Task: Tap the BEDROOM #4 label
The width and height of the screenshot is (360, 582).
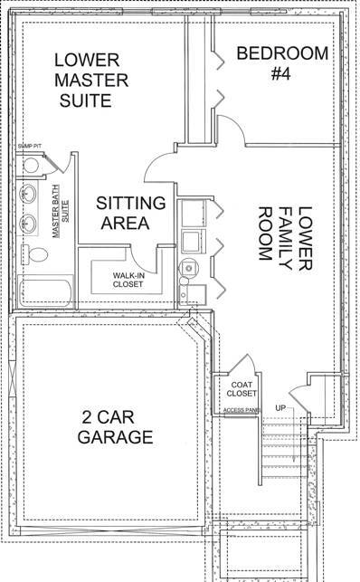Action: [x=282, y=62]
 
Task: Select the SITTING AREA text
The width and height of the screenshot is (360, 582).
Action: [x=130, y=212]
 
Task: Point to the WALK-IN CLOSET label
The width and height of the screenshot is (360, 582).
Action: [x=129, y=281]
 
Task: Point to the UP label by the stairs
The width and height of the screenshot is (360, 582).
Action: [x=280, y=409]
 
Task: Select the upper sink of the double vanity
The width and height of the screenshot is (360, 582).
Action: [x=28, y=193]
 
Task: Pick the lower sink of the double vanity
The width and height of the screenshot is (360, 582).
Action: [x=28, y=221]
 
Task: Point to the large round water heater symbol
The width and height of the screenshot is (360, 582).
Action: [x=188, y=267]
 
